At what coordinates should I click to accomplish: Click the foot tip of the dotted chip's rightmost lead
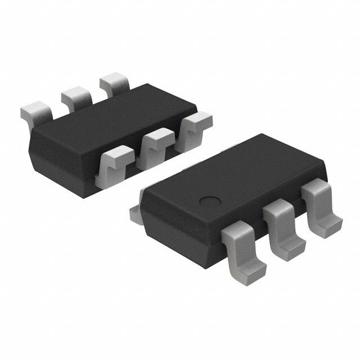point(329,228)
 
